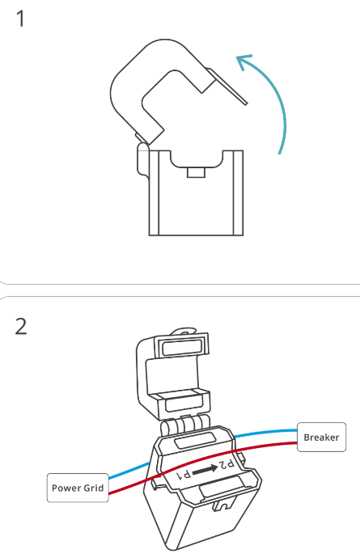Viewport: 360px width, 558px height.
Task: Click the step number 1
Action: pos(20,19)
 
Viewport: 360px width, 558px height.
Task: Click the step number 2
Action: pos(21,326)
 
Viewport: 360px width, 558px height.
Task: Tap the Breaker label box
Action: pos(321,437)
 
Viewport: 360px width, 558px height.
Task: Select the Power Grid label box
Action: pos(78,488)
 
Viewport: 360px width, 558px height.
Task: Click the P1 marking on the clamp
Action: pos(183,475)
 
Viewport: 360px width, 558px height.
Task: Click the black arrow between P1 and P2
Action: pos(205,469)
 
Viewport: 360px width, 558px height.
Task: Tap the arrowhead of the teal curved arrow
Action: pos(244,61)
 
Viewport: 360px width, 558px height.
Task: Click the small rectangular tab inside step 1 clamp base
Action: pos(196,173)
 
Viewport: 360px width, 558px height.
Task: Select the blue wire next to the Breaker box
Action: pos(265,433)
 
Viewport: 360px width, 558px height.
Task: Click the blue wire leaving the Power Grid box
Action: pos(129,470)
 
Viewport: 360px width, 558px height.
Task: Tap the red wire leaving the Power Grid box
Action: pos(126,487)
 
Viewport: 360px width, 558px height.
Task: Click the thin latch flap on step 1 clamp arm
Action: pos(228,86)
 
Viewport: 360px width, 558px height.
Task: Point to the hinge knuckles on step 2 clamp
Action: pos(185,425)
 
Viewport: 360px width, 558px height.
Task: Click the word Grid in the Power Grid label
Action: pos(94,488)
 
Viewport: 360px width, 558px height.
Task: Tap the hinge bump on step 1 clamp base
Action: pos(142,159)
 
